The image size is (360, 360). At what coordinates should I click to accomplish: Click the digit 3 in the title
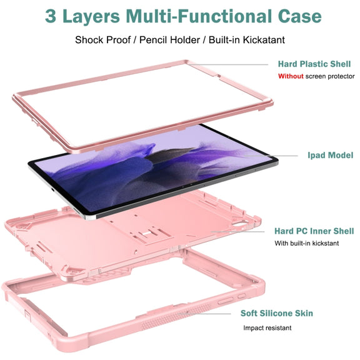click(51, 16)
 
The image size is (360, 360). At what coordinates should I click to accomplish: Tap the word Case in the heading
click(299, 16)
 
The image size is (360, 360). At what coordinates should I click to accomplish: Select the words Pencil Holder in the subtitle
click(169, 40)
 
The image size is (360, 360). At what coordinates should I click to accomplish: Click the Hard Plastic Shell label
click(314, 64)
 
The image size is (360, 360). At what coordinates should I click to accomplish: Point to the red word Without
click(291, 76)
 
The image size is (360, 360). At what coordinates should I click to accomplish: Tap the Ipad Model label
click(331, 155)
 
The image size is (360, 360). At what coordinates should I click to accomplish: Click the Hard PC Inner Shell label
click(314, 231)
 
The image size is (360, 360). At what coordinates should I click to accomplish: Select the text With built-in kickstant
click(307, 243)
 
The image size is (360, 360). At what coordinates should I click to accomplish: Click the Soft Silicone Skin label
click(277, 313)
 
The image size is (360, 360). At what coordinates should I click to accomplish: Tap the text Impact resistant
click(267, 327)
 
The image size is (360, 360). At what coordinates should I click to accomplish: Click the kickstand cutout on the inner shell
click(151, 234)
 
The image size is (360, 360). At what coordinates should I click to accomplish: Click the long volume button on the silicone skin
click(225, 300)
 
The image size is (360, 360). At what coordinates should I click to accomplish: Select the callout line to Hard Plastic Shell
click(229, 64)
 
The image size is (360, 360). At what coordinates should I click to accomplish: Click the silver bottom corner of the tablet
click(89, 217)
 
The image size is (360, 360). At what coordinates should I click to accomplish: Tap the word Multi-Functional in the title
click(199, 16)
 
